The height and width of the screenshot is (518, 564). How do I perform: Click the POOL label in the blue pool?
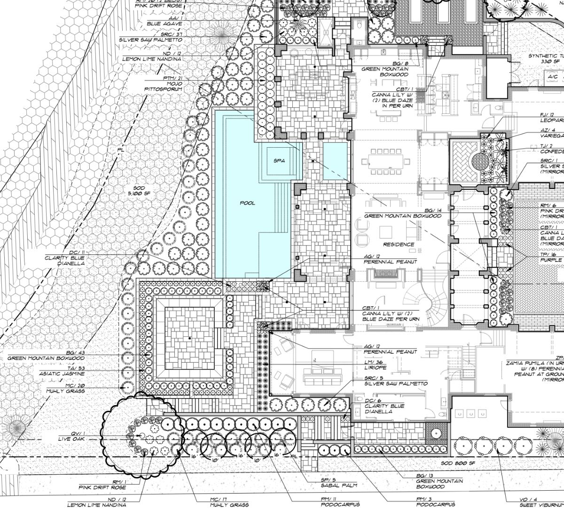click(247, 203)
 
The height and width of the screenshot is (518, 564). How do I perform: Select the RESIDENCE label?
click(399, 244)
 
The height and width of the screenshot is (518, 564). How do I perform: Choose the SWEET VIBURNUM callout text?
click(540, 505)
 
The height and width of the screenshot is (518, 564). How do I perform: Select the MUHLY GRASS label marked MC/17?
click(229, 505)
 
